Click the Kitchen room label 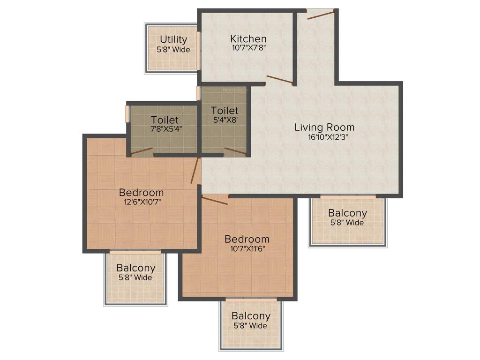click(248, 39)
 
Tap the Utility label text click(173, 40)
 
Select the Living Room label click(324, 127)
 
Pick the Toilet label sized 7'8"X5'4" click(165, 120)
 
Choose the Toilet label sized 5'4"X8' click(225, 111)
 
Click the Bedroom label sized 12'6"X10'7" click(141, 193)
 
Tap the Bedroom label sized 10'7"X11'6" click(247, 239)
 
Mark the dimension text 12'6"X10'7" click(141, 202)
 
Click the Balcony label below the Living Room click(347, 213)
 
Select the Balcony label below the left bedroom click(136, 268)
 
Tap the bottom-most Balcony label click(251, 316)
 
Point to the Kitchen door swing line click(280, 79)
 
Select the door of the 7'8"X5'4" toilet click(142, 151)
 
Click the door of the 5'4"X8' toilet click(235, 151)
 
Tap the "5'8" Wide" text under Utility click(173, 50)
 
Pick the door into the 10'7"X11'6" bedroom click(215, 200)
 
